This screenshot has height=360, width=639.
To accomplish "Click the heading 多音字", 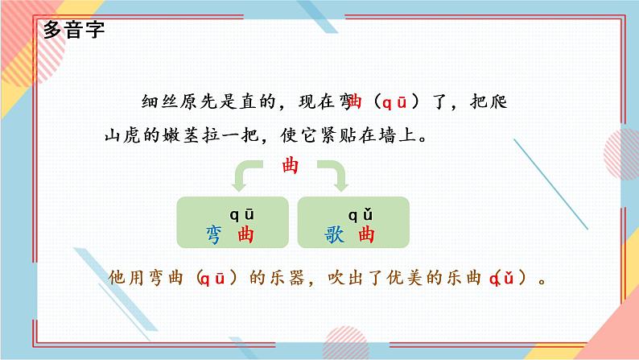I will pyautogui.click(x=73, y=33).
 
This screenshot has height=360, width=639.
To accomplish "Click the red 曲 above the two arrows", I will pyautogui.click(x=291, y=166).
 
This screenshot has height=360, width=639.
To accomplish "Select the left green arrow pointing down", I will pyautogui.click(x=246, y=176).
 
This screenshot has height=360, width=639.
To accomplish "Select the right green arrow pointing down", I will pyautogui.click(x=335, y=176).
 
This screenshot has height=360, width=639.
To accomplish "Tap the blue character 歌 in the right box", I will pyautogui.click(x=334, y=234).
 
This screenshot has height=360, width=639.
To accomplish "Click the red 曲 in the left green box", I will pyautogui.click(x=241, y=234).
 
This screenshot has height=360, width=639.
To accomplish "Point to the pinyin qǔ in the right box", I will pyautogui.click(x=359, y=214).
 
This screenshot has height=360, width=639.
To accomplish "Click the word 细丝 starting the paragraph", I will pyautogui.click(x=158, y=102).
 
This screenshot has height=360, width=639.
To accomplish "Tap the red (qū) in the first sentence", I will pyautogui.click(x=394, y=102).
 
